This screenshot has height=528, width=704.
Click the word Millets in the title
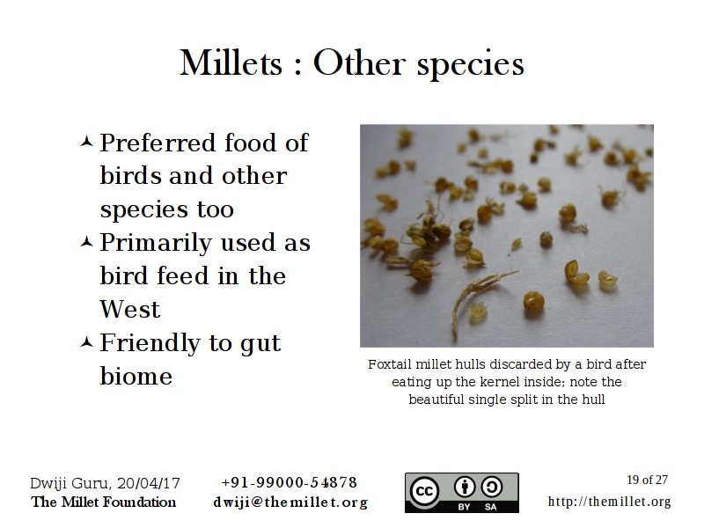click(231, 62)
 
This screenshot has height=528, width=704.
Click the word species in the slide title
click(471, 65)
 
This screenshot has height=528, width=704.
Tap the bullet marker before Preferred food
click(86, 143)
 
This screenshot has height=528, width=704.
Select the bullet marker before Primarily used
click(86, 243)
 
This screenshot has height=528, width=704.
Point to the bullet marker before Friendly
click(86, 342)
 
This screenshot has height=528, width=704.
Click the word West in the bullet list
click(129, 309)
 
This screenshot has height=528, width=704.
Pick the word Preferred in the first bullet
click(158, 143)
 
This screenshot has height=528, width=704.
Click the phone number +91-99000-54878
click(290, 482)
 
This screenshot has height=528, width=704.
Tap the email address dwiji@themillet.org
click(291, 502)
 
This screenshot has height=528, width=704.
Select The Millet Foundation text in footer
click(103, 502)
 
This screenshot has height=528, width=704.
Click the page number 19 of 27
click(647, 480)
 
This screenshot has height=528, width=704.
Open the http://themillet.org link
click(609, 501)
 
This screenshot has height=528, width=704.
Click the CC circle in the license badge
click(423, 492)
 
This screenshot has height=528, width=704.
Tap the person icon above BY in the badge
click(465, 488)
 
